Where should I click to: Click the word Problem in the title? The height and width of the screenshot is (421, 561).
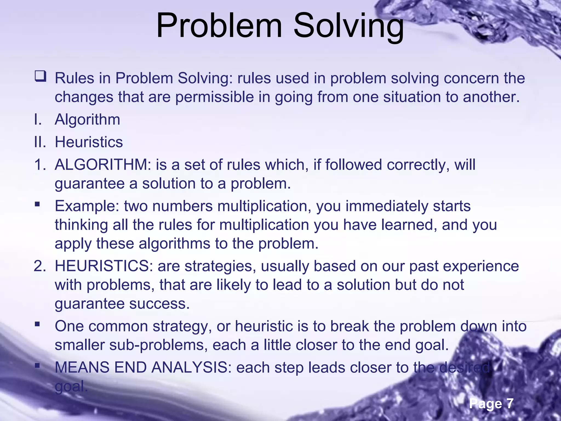[219, 26]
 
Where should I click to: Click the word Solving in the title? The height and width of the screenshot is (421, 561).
[348, 26]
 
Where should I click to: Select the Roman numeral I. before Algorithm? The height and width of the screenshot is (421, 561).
[38, 120]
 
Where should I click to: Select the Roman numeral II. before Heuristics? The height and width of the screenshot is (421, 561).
[40, 142]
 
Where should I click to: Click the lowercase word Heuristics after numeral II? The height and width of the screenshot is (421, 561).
[89, 142]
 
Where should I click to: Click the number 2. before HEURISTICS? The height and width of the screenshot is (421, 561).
[40, 266]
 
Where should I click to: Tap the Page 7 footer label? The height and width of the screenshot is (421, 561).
[491, 403]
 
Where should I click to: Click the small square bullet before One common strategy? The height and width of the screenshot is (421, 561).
[37, 325]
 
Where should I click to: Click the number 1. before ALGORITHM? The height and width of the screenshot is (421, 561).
[40, 165]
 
